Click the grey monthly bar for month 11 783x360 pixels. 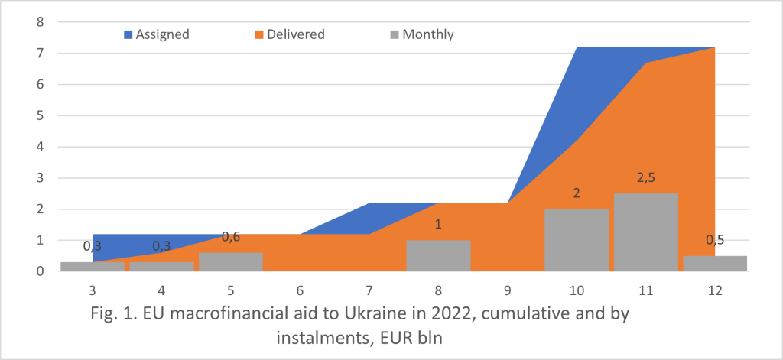tap(645, 232)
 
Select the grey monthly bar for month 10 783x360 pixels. tap(577, 240)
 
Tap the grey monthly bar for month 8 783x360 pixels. tap(438, 255)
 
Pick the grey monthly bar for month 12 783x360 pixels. tap(714, 263)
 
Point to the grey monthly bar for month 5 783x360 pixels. tap(230, 261)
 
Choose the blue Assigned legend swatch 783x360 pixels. tap(128, 34)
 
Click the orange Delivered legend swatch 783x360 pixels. tap(260, 34)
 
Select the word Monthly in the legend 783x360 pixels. tap(427, 34)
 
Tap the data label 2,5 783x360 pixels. tap(645, 178)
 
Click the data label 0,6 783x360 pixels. tap(230, 237)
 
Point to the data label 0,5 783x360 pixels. tap(714, 240)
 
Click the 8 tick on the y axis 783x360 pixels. tap(40, 22)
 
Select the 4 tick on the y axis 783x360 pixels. tap(40, 147)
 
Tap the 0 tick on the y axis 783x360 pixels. tap(40, 271)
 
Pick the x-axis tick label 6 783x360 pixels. tap(300, 290)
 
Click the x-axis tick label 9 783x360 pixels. tap(507, 290)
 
